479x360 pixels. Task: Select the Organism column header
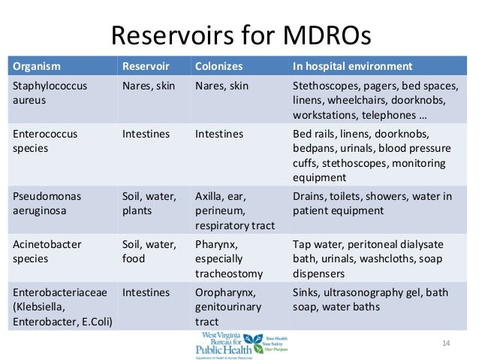[x=36, y=65]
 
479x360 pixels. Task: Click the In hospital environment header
[x=352, y=65]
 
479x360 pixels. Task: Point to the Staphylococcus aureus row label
[x=50, y=93]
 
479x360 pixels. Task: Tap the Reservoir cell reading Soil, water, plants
[x=149, y=204]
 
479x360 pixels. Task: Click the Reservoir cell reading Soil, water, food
[x=149, y=253]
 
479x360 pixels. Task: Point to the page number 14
[x=445, y=343]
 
